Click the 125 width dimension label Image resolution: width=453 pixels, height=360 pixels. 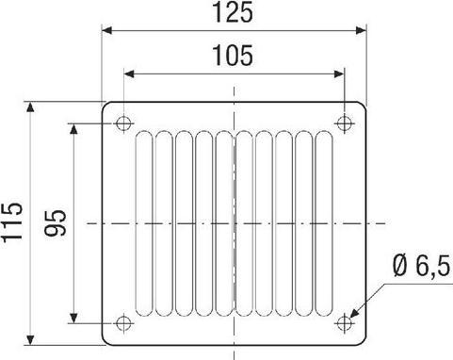233,13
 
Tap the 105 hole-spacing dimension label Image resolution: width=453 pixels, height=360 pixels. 233,56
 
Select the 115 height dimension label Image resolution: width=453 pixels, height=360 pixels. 12,222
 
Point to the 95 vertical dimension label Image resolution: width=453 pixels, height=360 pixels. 56,222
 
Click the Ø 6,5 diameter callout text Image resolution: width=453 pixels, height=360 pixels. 421,267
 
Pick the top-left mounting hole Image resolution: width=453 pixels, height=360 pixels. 123,123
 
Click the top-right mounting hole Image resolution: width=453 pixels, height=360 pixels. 345,123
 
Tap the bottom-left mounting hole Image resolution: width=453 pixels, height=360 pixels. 123,322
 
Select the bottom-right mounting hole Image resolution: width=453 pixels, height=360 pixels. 344,322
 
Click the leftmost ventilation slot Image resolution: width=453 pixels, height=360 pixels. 144,223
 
